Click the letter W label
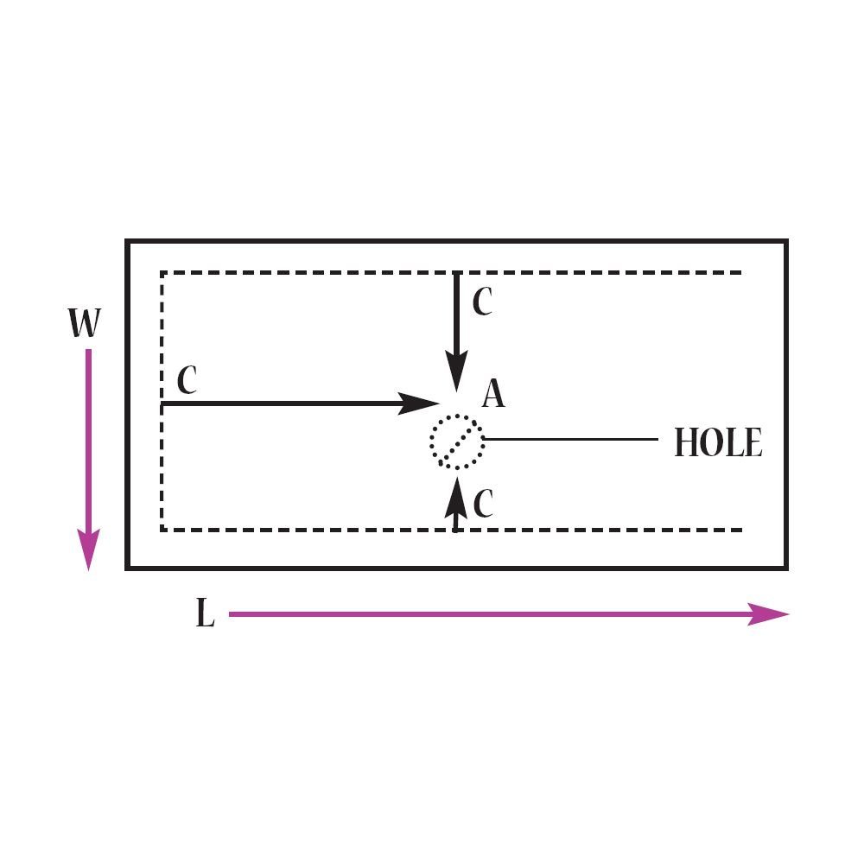tap(85, 323)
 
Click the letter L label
tap(205, 613)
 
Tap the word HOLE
tap(719, 442)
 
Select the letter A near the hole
tap(493, 393)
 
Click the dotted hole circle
tap(430, 441)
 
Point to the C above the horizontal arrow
tap(187, 379)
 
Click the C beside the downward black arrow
tap(483, 302)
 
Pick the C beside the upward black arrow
tap(483, 503)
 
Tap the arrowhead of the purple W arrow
tap(88, 550)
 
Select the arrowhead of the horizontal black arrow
tap(418, 403)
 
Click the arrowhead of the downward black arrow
tap(456, 372)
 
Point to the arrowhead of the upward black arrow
tap(456, 498)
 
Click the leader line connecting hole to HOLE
tap(571, 439)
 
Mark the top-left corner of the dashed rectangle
tap(162, 272)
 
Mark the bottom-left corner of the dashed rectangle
tap(162, 530)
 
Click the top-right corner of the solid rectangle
tap(786, 241)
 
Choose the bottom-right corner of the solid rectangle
tap(786, 568)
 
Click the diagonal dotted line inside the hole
tap(457, 442)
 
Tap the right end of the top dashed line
tap(741, 272)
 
